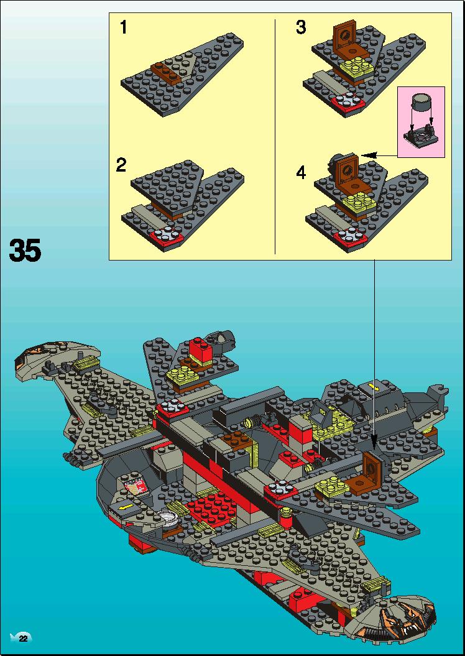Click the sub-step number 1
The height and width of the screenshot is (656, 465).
click(x=123, y=27)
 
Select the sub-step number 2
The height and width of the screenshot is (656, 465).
click(x=121, y=165)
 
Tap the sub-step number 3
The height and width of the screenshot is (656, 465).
click(x=301, y=27)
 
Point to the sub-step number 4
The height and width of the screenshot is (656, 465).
click(x=301, y=173)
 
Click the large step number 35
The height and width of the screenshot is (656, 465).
click(x=25, y=250)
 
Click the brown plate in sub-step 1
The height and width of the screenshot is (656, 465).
click(x=165, y=72)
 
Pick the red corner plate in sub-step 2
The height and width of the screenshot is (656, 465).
click(x=168, y=238)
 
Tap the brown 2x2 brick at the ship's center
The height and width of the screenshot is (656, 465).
click(x=237, y=441)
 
